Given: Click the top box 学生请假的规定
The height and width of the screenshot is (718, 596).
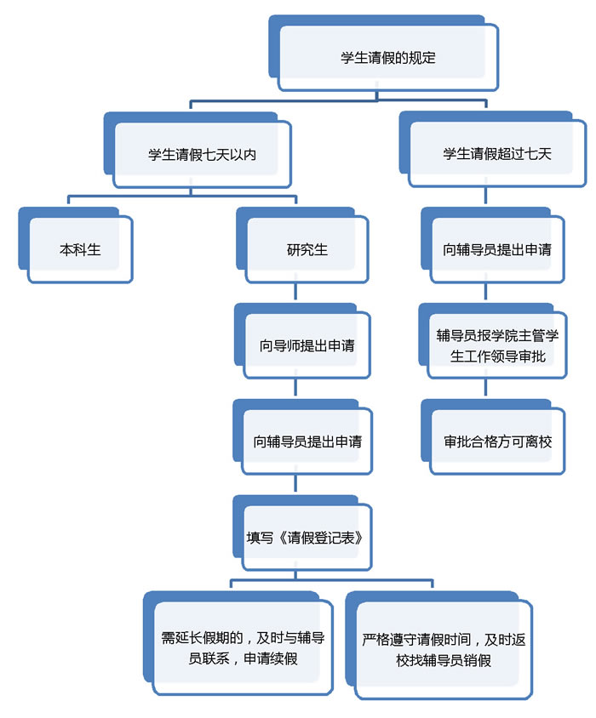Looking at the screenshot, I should [x=387, y=58].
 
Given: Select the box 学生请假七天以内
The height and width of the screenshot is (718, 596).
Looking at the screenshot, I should [x=202, y=155].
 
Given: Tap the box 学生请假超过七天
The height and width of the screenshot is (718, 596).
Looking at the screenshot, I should [x=497, y=154].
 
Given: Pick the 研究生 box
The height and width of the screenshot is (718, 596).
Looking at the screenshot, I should [x=307, y=250].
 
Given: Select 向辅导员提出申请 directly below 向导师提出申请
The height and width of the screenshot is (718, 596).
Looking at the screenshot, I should [x=307, y=442].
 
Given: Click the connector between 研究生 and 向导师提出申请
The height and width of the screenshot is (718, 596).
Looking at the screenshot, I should [x=295, y=296].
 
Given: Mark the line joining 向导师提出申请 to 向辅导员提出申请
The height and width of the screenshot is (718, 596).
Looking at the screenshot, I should [x=295, y=392].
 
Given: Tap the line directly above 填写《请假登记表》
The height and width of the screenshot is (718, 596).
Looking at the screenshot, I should [x=295, y=487].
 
